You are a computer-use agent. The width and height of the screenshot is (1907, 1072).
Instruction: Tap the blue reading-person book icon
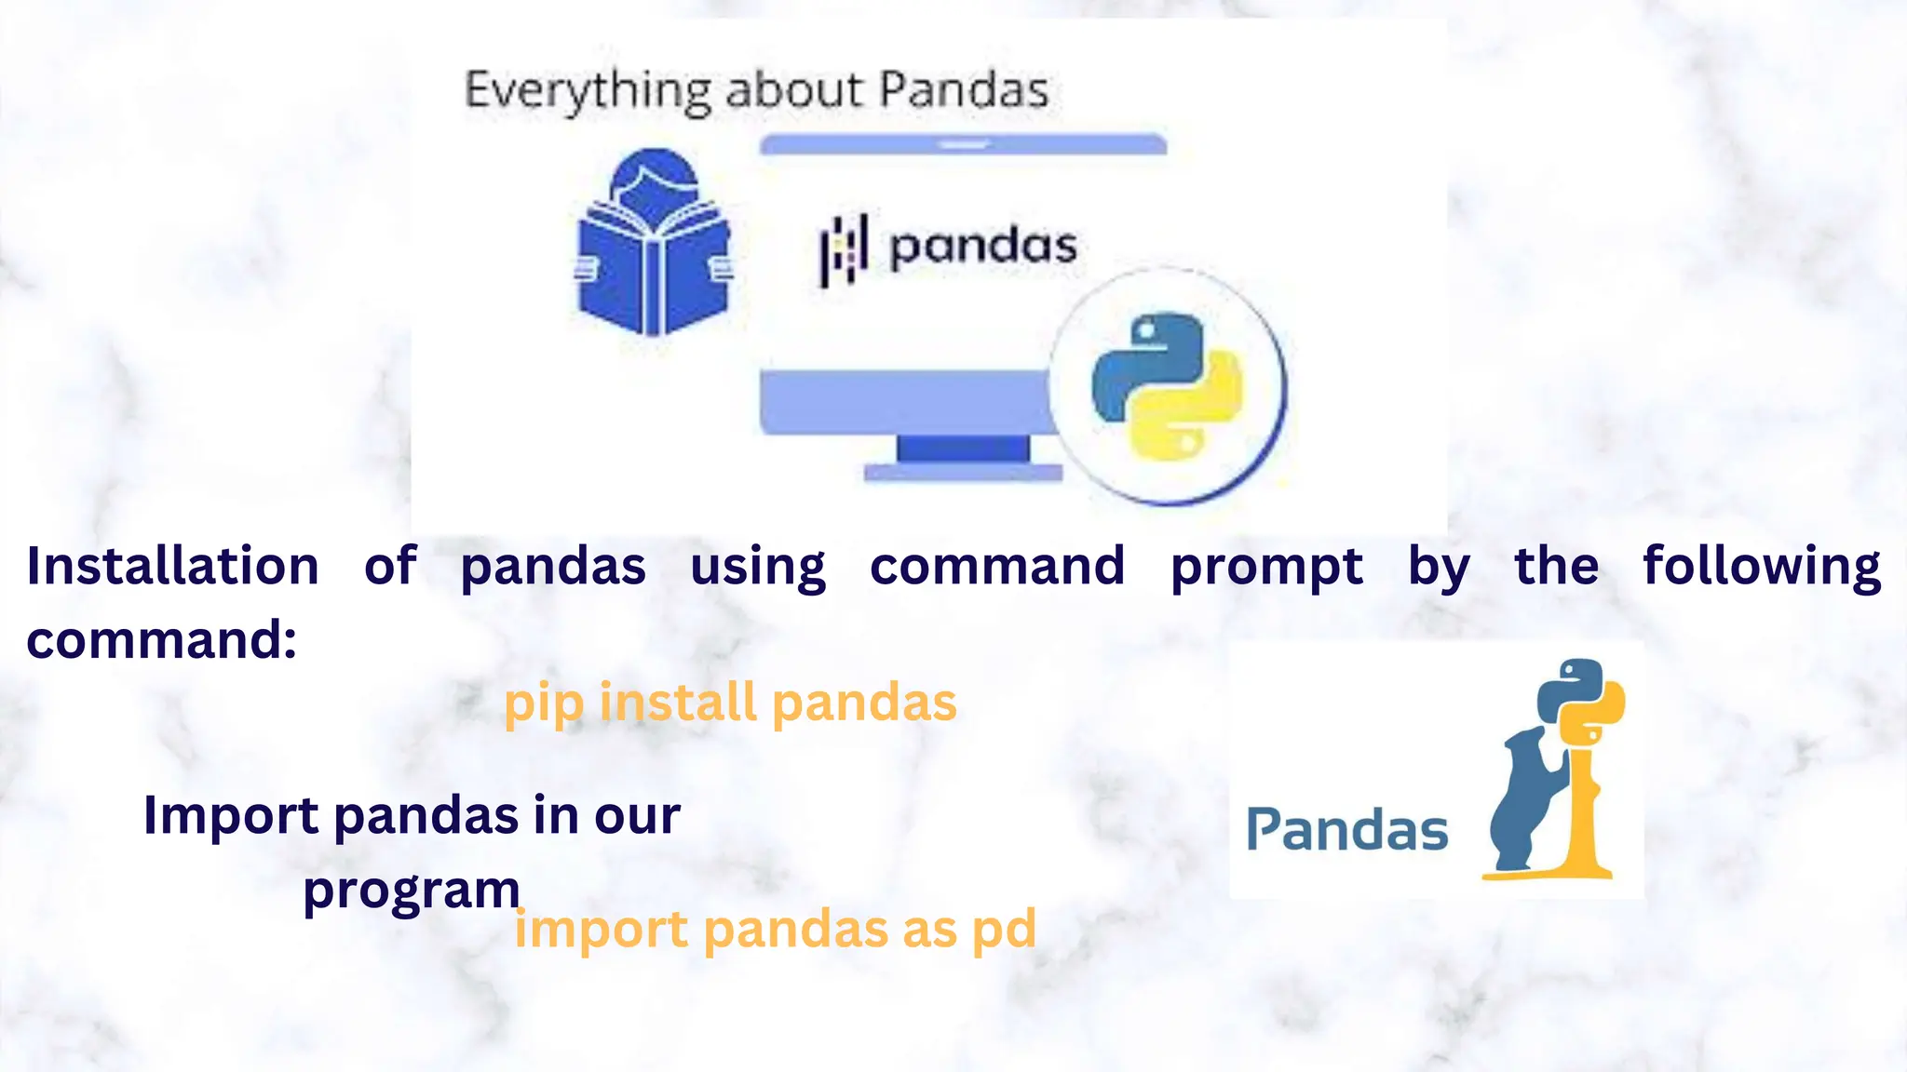tap(655, 244)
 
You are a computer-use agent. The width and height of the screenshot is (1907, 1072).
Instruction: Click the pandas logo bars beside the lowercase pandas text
tap(844, 248)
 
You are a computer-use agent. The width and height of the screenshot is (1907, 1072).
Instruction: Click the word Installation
tap(173, 566)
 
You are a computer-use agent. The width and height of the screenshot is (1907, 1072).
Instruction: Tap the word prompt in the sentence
tap(1266, 568)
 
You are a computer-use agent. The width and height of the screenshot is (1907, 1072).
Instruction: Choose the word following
tap(1761, 568)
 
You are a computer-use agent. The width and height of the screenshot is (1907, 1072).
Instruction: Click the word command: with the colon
tap(162, 640)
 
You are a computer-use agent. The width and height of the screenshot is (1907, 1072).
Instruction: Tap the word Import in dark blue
tap(231, 815)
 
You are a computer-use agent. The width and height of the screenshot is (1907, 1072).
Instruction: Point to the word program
tap(411, 891)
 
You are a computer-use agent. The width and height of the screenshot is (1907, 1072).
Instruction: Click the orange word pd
tap(1004, 931)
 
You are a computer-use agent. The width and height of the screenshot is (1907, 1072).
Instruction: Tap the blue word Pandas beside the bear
tap(1346, 830)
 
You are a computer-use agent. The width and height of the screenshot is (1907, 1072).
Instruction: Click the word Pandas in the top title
tap(963, 91)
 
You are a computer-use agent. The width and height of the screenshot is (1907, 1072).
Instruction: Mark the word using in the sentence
tap(758, 568)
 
